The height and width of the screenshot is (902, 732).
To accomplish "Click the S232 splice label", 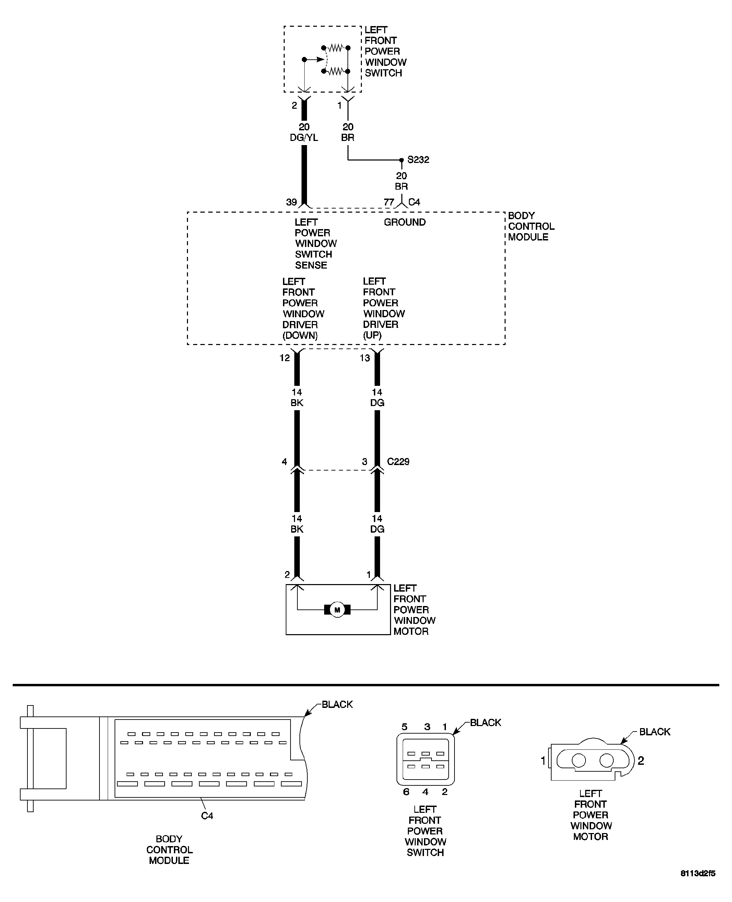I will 418,160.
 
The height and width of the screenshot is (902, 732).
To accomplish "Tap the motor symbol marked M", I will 337,610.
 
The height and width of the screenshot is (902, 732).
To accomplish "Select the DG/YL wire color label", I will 304,138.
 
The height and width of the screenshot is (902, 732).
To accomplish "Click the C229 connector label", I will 398,462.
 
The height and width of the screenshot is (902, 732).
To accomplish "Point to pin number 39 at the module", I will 291,202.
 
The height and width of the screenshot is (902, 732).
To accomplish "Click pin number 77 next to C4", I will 389,202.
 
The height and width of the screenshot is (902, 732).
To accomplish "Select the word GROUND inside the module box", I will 404,222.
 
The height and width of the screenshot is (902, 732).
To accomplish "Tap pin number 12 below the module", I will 285,358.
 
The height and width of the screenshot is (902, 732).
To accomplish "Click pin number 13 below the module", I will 365,358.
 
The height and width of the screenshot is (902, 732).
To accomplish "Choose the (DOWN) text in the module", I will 300,335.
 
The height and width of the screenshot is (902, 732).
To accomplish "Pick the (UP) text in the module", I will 372,335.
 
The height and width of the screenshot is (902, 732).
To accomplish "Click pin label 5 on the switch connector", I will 404,727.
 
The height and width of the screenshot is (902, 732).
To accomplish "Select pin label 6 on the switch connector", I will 406,792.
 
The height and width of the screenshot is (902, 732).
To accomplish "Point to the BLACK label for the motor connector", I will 654,732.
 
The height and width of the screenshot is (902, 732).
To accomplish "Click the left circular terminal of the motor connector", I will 579,760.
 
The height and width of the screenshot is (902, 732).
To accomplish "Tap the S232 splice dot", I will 401,160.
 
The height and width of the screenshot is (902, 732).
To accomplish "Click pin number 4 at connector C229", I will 285,462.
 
